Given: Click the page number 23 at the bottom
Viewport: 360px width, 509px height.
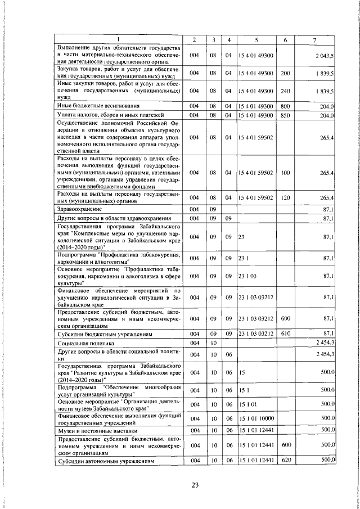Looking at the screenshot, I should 195,486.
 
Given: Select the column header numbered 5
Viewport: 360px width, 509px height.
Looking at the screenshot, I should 256,39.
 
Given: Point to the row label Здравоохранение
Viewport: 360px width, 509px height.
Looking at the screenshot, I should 80,209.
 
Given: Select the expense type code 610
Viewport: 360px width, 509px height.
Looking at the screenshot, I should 285,334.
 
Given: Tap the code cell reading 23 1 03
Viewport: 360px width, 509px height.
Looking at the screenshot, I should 248,277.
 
